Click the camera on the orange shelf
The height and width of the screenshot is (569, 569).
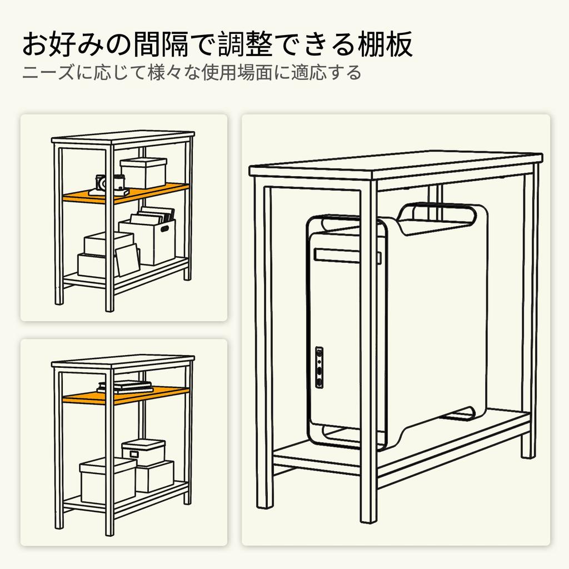(105, 183)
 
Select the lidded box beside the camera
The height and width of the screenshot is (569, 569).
(143, 172)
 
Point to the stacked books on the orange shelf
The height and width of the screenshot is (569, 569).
(125, 386)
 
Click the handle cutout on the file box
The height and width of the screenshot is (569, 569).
(165, 229)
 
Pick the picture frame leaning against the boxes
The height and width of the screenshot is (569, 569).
(127, 259)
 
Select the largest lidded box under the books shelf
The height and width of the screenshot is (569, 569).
(107, 480)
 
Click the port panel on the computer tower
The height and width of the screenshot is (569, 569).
(320, 367)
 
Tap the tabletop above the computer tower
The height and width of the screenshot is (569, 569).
(389, 166)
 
